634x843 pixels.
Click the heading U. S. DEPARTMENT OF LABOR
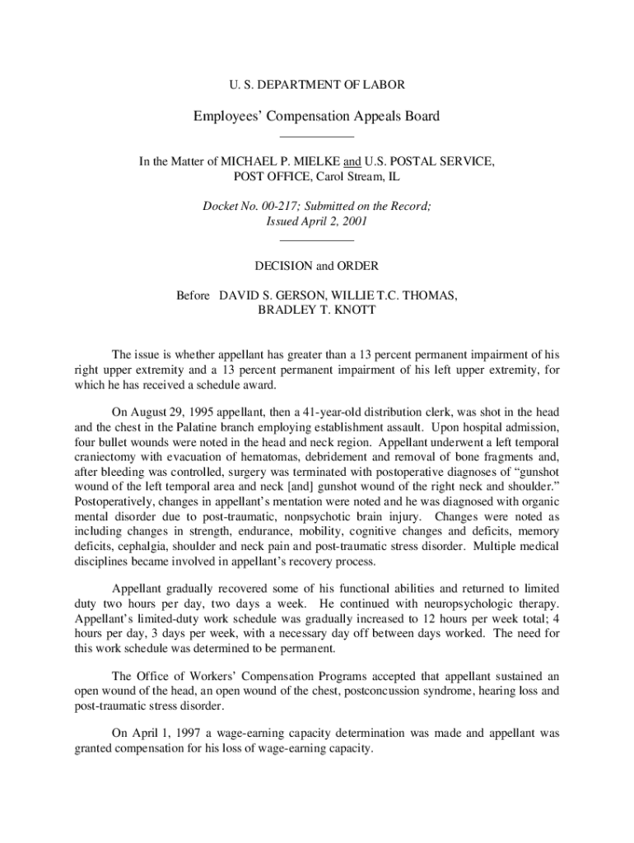point(316,84)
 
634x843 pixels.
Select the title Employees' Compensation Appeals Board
point(316,116)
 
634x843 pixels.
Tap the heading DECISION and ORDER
point(317,266)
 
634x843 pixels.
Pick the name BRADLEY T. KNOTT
point(317,310)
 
